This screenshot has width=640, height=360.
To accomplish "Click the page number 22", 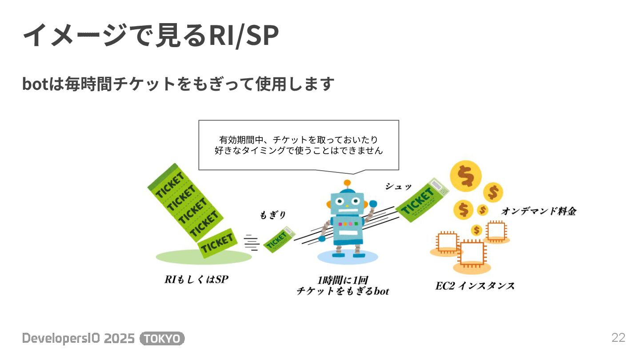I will (x=618, y=338).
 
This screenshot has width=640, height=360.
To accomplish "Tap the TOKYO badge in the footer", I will (x=162, y=339).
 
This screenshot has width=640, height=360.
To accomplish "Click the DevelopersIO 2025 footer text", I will (x=78, y=339).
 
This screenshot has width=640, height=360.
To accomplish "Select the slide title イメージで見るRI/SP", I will (x=150, y=36).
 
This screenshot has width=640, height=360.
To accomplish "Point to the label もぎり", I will (x=272, y=215).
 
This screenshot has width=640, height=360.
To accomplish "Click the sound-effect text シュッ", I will (x=398, y=187).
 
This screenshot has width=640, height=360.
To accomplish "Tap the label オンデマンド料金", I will (x=539, y=212).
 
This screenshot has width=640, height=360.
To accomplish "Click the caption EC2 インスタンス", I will (x=475, y=286).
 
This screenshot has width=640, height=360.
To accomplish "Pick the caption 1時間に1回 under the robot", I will (x=342, y=280).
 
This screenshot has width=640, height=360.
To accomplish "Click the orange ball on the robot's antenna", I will (x=348, y=183).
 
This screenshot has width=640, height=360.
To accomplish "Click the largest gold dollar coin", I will (x=465, y=176).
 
